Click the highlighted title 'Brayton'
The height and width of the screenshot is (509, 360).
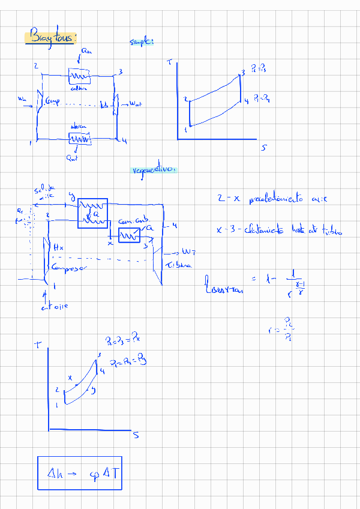[x=51, y=37]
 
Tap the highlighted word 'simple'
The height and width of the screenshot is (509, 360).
[x=142, y=42]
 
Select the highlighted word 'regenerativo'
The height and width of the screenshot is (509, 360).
[x=154, y=170]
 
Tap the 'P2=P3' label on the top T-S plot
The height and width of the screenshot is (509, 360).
[x=259, y=70]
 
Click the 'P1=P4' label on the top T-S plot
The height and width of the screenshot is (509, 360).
[x=260, y=97]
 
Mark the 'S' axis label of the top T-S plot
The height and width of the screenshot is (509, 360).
[x=263, y=148]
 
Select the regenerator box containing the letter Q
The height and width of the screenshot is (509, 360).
[x=93, y=213]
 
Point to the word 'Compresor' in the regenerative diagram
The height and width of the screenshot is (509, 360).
[x=70, y=267]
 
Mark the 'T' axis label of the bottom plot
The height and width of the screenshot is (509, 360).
[x=38, y=345]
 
